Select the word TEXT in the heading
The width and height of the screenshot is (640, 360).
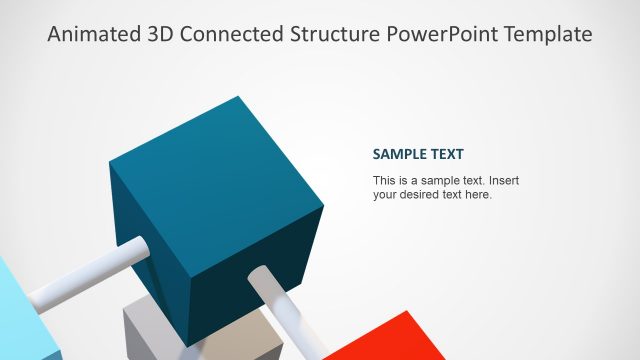pyautogui.click(x=448, y=155)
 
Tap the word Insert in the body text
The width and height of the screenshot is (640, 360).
pyautogui.click(x=503, y=181)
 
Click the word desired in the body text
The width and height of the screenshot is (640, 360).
pyautogui.click(x=420, y=195)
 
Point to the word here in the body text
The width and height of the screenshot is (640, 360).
pyautogui.click(x=477, y=195)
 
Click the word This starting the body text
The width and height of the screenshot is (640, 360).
pyautogui.click(x=383, y=181)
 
